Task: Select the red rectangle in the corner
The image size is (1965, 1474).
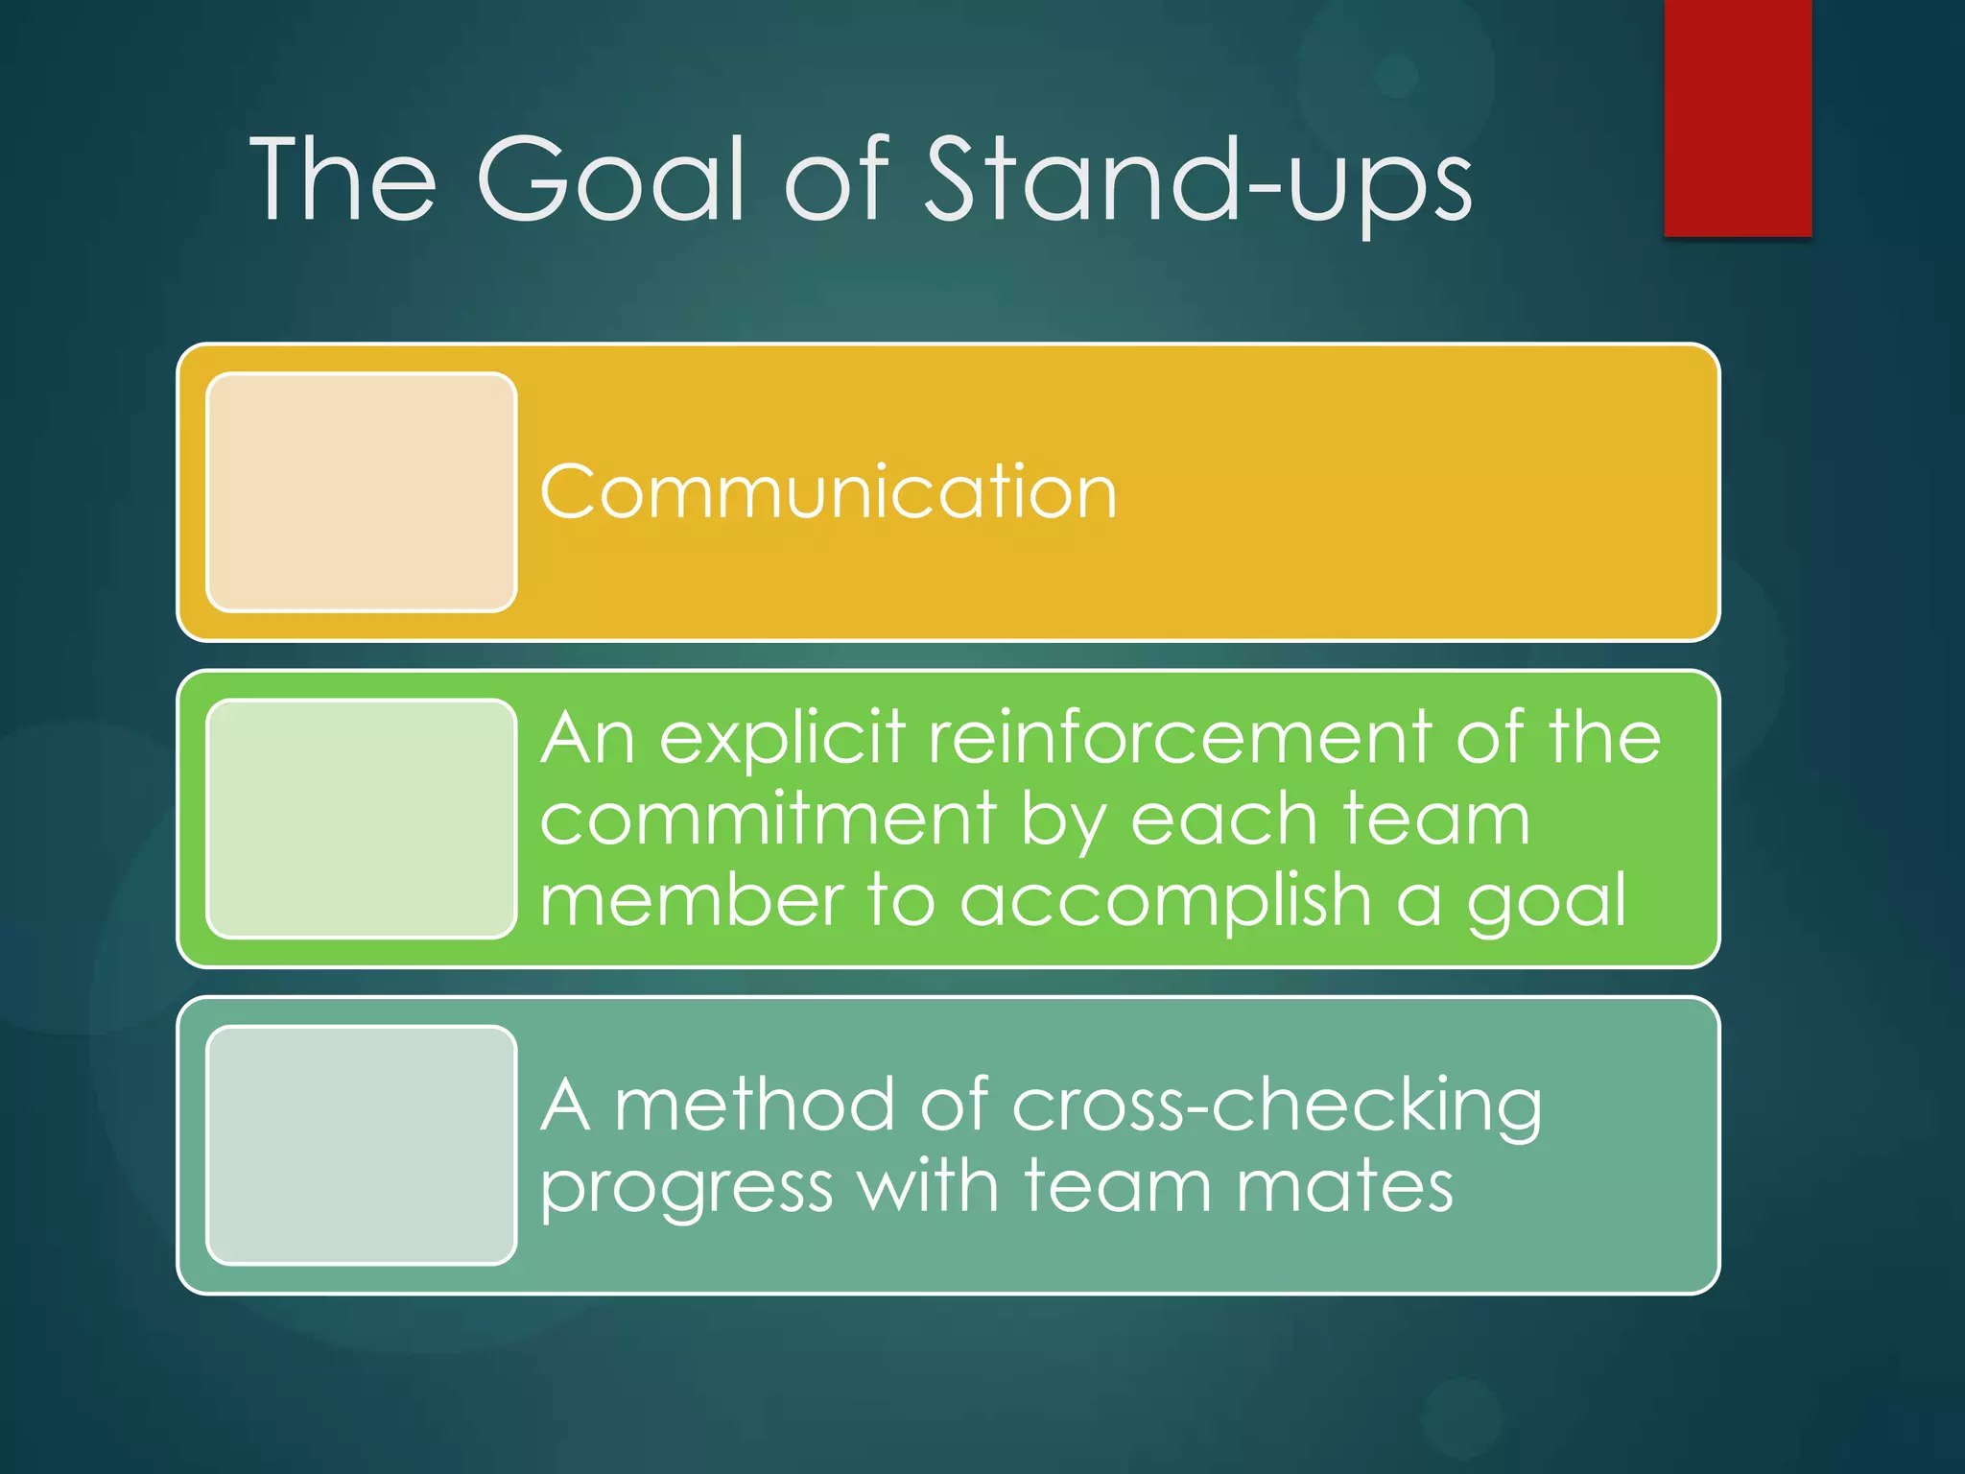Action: point(1738,117)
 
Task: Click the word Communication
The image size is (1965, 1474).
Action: point(829,492)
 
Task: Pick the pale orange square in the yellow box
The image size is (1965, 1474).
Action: point(362,492)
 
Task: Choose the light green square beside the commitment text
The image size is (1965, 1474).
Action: point(362,819)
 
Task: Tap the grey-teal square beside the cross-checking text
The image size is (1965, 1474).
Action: point(362,1145)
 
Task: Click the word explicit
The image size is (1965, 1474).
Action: point(782,739)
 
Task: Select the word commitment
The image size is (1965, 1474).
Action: point(768,820)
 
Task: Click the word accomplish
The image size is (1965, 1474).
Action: point(1166,902)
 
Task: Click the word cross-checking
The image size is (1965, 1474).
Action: point(1276,1105)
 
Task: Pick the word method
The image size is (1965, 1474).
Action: point(753,1105)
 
